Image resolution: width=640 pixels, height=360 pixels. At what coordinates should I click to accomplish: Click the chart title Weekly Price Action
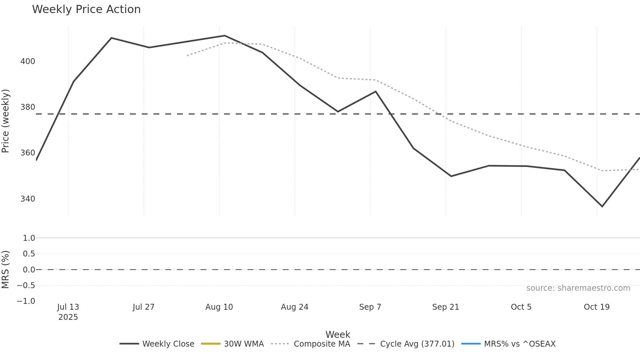pyautogui.click(x=86, y=9)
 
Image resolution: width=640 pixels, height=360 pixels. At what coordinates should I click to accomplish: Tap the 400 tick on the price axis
pyautogui.click(x=28, y=61)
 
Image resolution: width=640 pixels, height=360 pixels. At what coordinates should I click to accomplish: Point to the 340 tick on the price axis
pyautogui.click(x=28, y=199)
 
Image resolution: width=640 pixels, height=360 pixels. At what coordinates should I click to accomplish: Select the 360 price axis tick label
pyautogui.click(x=28, y=153)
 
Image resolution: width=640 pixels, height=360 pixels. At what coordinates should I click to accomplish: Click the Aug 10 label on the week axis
pyautogui.click(x=219, y=307)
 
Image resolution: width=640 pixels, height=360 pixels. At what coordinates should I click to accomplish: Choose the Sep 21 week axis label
pyautogui.click(x=445, y=307)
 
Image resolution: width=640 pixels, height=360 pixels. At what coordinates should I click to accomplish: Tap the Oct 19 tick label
pyautogui.click(x=597, y=307)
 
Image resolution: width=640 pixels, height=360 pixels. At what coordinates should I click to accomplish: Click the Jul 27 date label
pyautogui.click(x=143, y=307)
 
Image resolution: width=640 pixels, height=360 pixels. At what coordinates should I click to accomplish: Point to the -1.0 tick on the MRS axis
pyautogui.click(x=26, y=301)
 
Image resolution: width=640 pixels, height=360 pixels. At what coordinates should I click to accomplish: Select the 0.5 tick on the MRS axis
pyautogui.click(x=29, y=254)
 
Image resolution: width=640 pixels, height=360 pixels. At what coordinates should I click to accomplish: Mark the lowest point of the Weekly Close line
pyautogui.click(x=602, y=206)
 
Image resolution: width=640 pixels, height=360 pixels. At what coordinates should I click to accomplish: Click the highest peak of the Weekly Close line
pyautogui.click(x=225, y=36)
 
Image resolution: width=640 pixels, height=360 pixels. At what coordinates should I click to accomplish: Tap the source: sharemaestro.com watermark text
pyautogui.click(x=578, y=288)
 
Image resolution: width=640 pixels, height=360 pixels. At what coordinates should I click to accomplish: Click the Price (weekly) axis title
pyautogui.click(x=6, y=121)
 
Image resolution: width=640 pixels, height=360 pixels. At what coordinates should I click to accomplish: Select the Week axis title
pyautogui.click(x=338, y=335)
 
